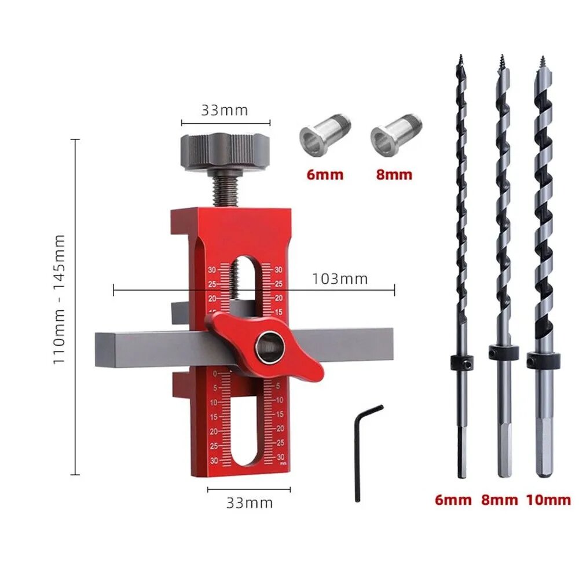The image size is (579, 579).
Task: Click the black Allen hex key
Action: (x=357, y=454)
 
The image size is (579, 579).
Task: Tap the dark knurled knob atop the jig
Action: (x=225, y=151)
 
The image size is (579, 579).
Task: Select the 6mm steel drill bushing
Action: (x=325, y=135)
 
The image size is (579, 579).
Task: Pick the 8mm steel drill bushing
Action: (x=396, y=135)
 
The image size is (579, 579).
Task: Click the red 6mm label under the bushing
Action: (x=325, y=175)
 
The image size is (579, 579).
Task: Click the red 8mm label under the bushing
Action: (x=394, y=175)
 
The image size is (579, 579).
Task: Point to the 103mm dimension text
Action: (x=340, y=279)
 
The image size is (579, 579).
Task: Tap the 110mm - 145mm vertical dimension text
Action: (x=59, y=299)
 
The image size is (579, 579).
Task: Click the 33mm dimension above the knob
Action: (x=225, y=111)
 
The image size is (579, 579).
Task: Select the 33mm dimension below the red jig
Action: (x=250, y=503)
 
